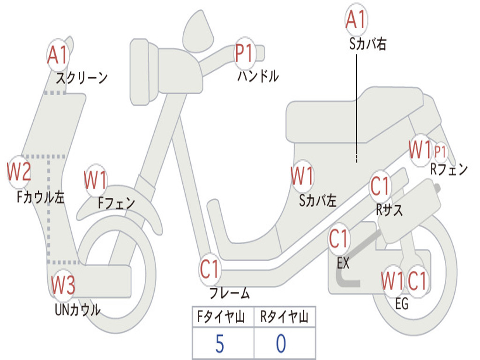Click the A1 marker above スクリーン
[58, 55]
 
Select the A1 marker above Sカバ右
[356, 20]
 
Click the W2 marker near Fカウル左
[19, 172]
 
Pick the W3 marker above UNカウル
[63, 285]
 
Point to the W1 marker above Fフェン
[96, 180]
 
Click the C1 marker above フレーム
[210, 270]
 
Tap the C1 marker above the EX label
[339, 239]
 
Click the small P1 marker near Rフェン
[440, 151]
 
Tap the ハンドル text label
[258, 76]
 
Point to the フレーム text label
[230, 293]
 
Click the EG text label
[402, 304]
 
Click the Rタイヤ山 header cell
[285, 316]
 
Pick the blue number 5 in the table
[220, 344]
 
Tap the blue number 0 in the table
[281, 344]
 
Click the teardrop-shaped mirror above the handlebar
[198, 31]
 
